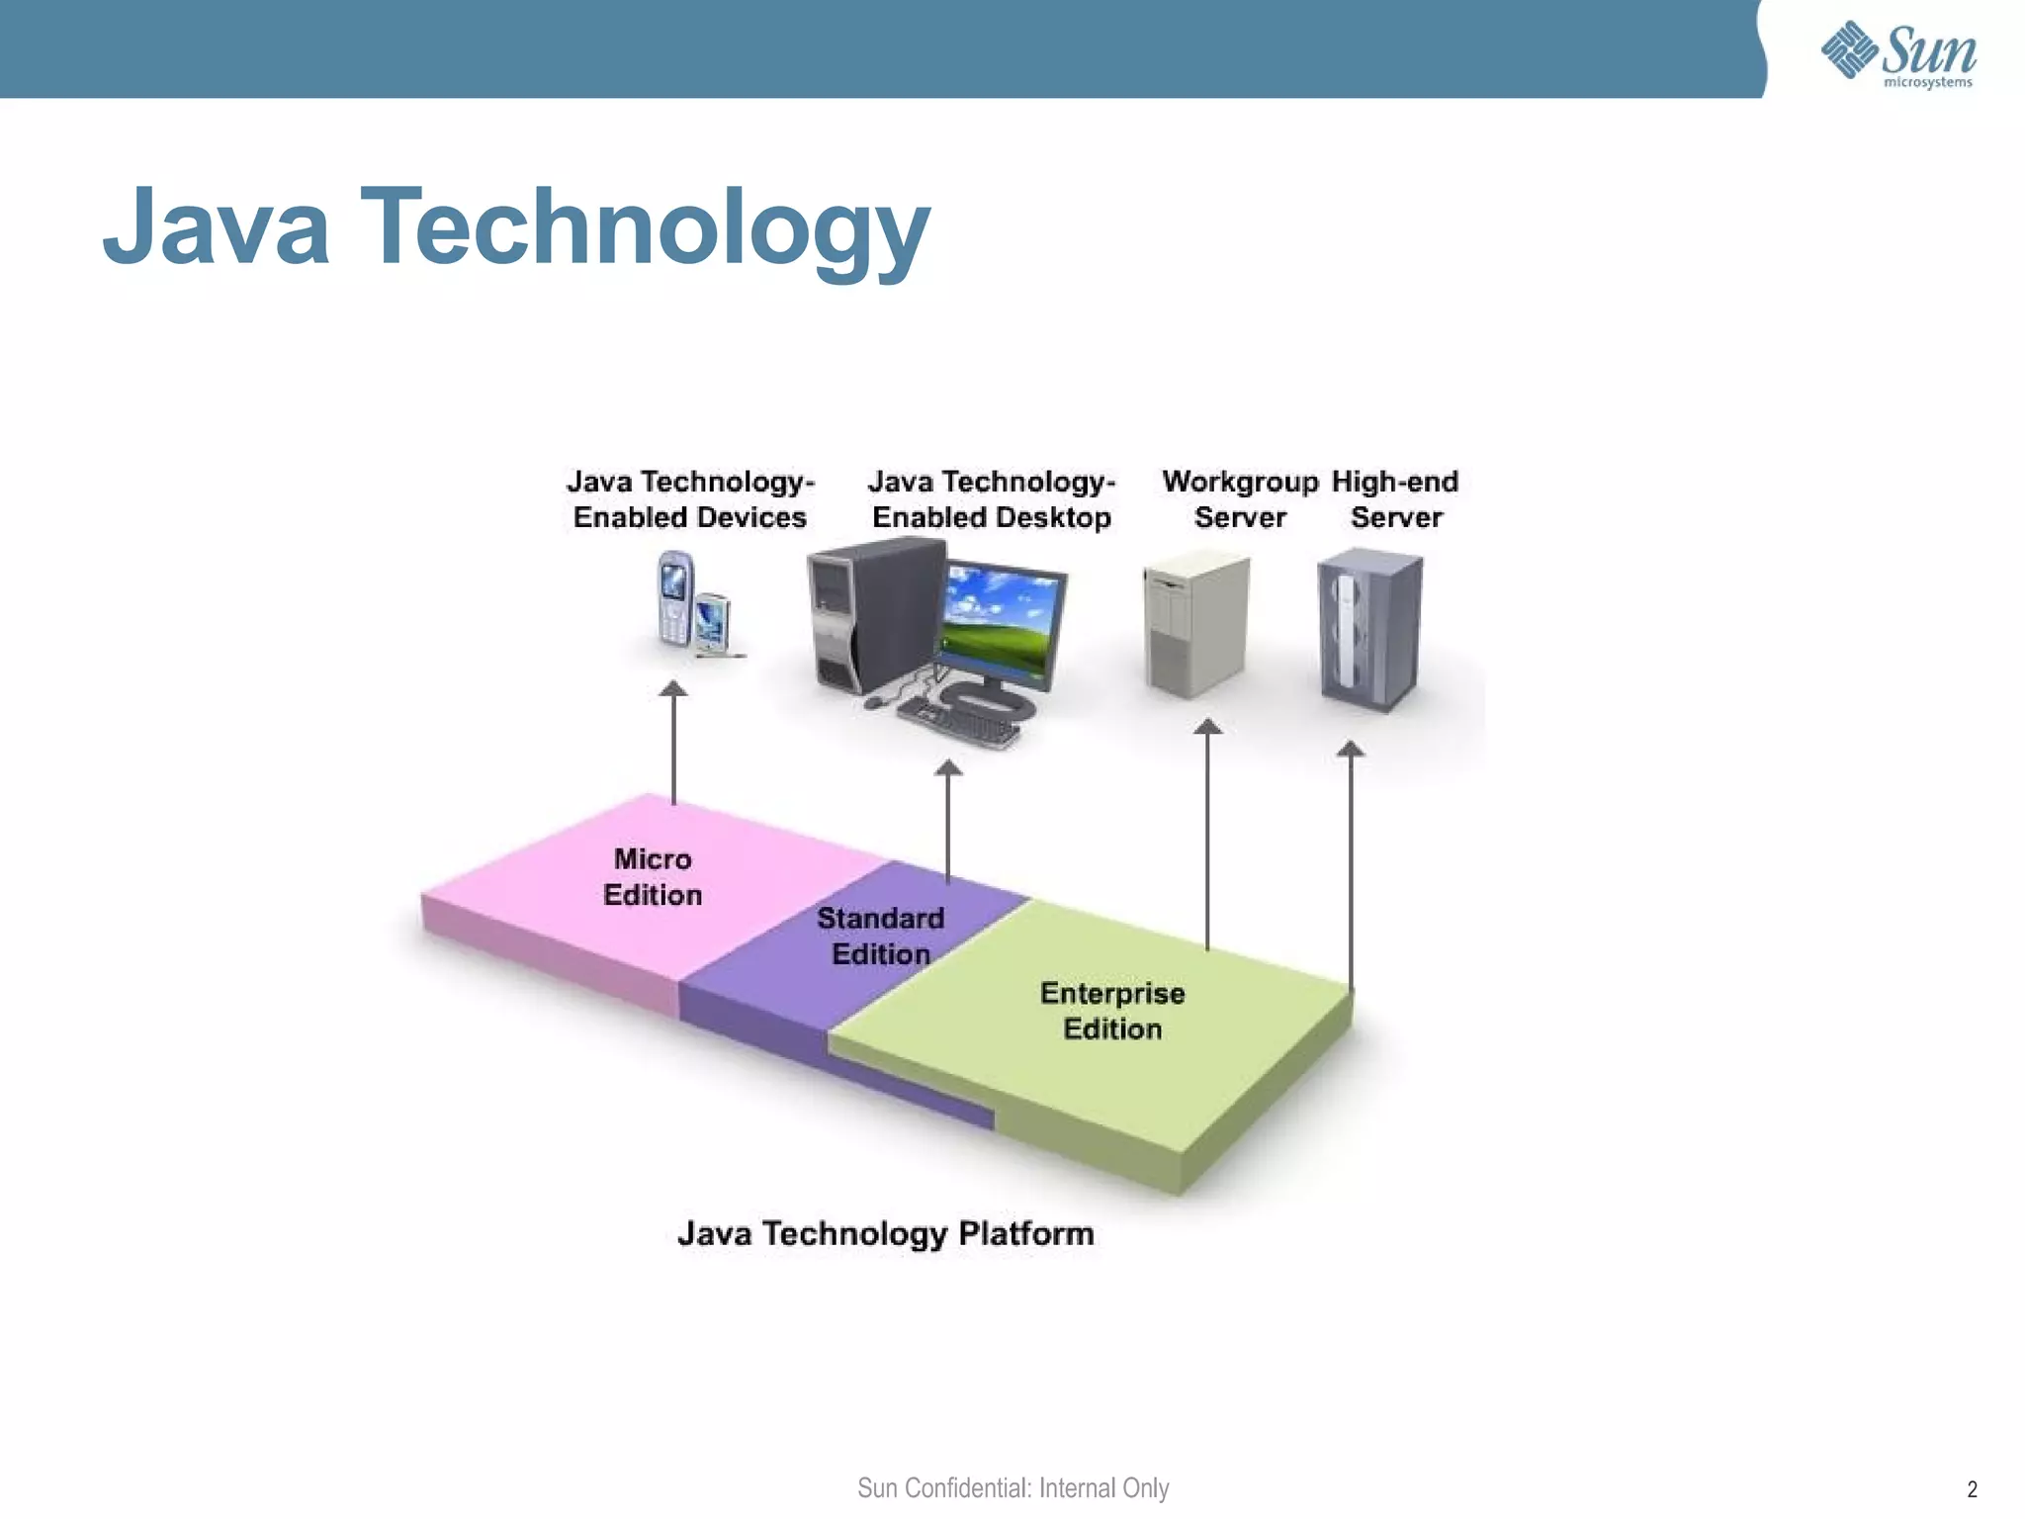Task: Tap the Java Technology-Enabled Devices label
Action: [690, 499]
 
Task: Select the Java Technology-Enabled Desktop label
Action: [992, 499]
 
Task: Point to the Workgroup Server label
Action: [1240, 499]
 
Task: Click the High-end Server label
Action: [1395, 499]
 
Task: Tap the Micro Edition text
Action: [653, 877]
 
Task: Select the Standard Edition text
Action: [880, 936]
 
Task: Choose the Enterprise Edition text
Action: [1112, 1011]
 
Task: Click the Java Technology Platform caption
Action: [886, 1234]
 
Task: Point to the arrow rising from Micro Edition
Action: [673, 742]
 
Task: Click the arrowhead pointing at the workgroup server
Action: [1207, 728]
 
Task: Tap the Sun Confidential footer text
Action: [1012, 1488]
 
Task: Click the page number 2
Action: [1972, 1489]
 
